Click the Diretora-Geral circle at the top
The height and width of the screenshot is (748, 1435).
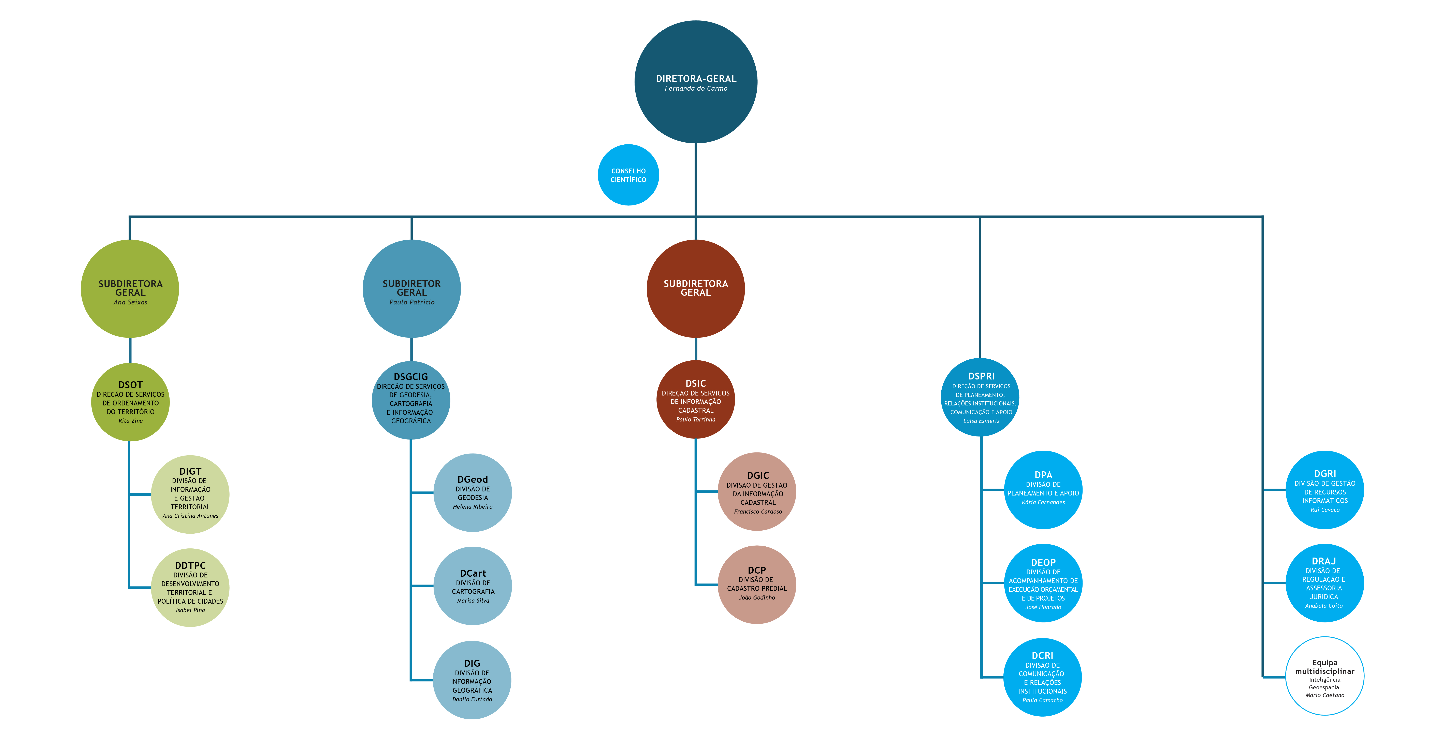coord(696,82)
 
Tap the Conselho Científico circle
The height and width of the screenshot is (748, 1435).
coord(628,175)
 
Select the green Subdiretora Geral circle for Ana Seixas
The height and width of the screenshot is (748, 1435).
coord(130,288)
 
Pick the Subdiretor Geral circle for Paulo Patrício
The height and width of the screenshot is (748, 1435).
coord(412,288)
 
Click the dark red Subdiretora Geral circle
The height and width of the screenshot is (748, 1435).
coord(696,288)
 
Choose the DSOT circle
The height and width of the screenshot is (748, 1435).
coord(130,402)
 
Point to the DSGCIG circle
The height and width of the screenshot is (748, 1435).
coord(411,400)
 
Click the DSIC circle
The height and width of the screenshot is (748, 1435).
coord(696,399)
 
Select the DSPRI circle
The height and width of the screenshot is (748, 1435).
coord(981,397)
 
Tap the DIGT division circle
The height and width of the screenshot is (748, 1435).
coord(190,494)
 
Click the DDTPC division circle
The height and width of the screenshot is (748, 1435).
coord(190,588)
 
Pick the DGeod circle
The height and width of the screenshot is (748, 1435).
coord(472,492)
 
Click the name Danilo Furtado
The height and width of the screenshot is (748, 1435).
coord(472,700)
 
